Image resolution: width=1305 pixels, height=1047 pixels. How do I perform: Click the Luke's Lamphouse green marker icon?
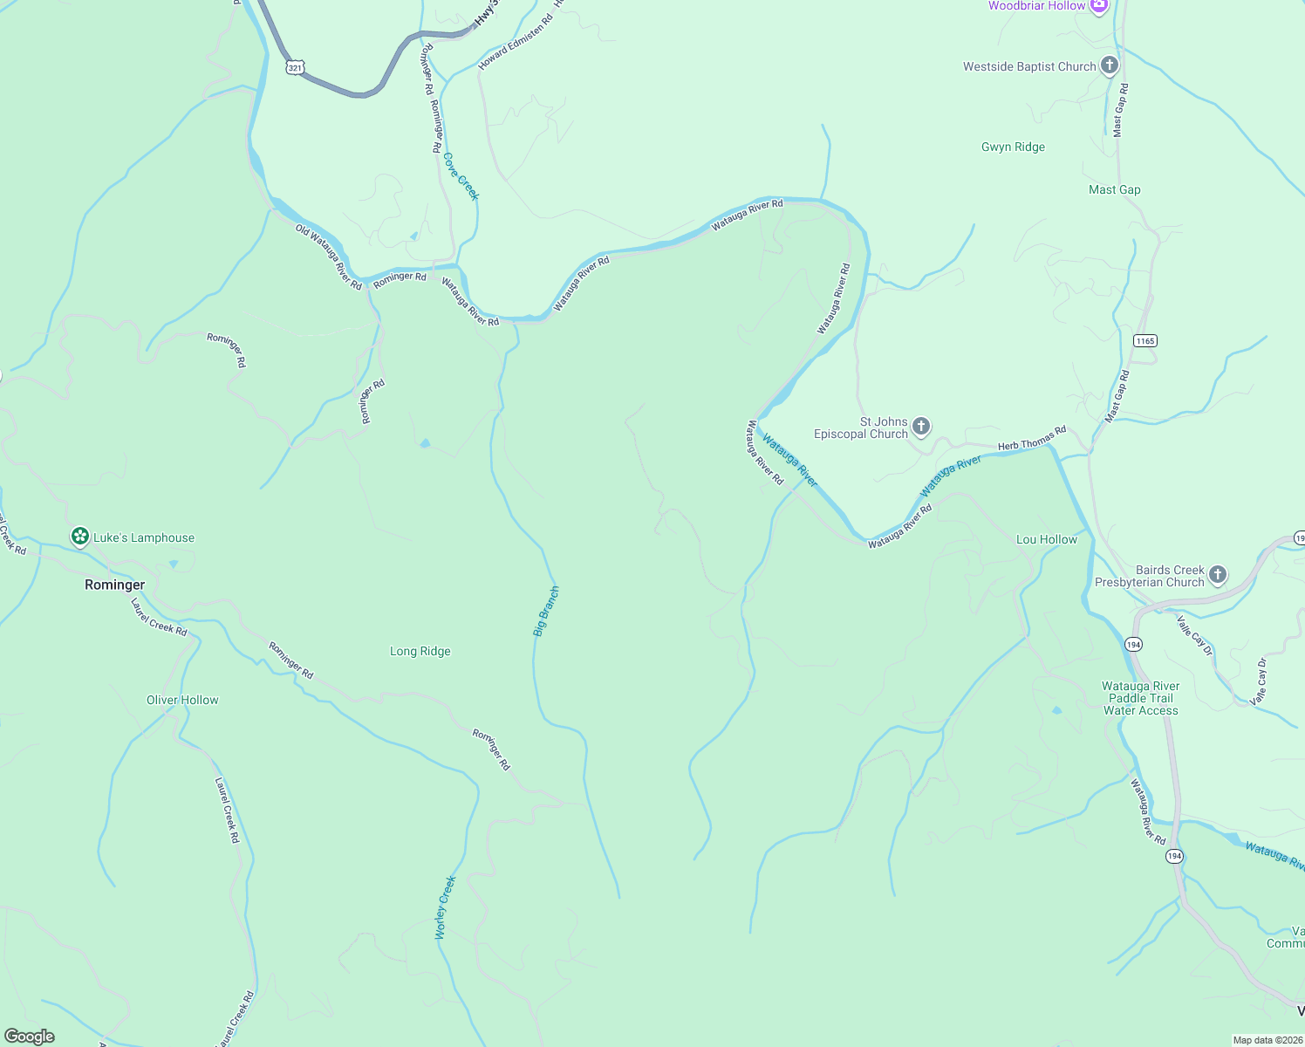80,537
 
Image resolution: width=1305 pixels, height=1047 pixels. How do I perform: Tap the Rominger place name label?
114,585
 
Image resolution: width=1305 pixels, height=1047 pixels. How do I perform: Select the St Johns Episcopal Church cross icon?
921,427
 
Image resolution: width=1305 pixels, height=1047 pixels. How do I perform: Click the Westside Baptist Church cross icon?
1109,65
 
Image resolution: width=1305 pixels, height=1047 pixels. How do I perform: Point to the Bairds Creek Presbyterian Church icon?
1218,574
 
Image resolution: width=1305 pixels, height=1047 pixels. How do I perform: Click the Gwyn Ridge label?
1013,147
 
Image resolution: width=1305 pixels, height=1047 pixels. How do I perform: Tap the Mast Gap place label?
1114,189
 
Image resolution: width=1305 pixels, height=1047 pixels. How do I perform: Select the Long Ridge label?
420,651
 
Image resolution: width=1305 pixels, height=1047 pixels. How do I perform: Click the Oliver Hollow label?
182,700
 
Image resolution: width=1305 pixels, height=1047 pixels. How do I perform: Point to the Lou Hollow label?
1046,539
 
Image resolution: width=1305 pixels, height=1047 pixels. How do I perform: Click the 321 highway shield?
295,67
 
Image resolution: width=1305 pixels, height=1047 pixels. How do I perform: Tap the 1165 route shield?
1144,340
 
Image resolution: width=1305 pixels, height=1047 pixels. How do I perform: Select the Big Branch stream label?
546,612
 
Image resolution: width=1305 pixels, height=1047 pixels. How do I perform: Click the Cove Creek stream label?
461,176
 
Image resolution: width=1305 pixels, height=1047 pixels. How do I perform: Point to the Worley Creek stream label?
446,907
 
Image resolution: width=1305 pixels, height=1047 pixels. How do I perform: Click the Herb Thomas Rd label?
1031,438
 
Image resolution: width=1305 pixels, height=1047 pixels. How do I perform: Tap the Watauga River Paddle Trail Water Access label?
1140,698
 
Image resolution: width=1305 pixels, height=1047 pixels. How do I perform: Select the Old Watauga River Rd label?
328,257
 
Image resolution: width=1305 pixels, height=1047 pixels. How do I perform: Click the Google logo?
30,1037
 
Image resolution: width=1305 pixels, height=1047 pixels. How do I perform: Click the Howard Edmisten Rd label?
516,42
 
